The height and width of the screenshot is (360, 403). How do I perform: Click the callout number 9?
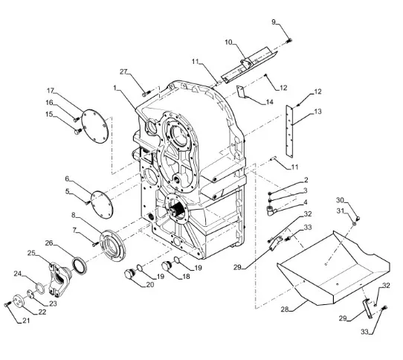274,22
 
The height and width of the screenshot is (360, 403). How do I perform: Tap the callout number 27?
124,71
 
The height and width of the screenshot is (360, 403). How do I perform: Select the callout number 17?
51,91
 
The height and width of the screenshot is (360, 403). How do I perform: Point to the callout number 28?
285,309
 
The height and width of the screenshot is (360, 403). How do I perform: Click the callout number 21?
26,321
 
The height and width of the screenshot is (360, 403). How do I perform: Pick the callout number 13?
318,112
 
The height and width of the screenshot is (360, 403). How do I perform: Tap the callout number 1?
115,88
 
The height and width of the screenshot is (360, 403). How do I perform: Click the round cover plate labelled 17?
95,126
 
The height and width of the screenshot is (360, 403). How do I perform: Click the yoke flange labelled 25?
59,278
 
